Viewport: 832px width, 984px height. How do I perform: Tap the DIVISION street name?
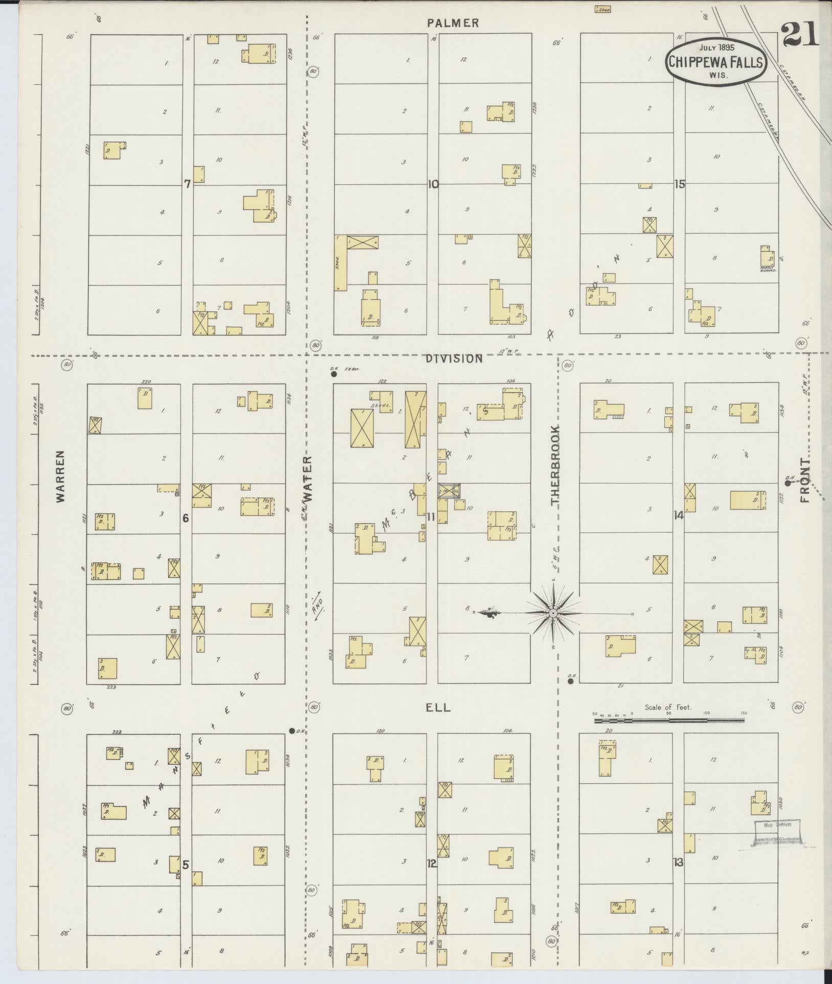coord(454,358)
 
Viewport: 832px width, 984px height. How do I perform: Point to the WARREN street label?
coord(61,476)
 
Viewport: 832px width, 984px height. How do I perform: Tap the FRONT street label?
coord(806,480)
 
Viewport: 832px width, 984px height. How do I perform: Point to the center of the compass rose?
coord(553,612)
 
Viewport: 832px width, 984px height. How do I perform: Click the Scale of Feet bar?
coord(669,721)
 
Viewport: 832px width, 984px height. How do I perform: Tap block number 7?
coord(188,184)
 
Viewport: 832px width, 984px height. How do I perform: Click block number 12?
coord(432,863)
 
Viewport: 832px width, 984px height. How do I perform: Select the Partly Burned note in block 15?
coord(768,269)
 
